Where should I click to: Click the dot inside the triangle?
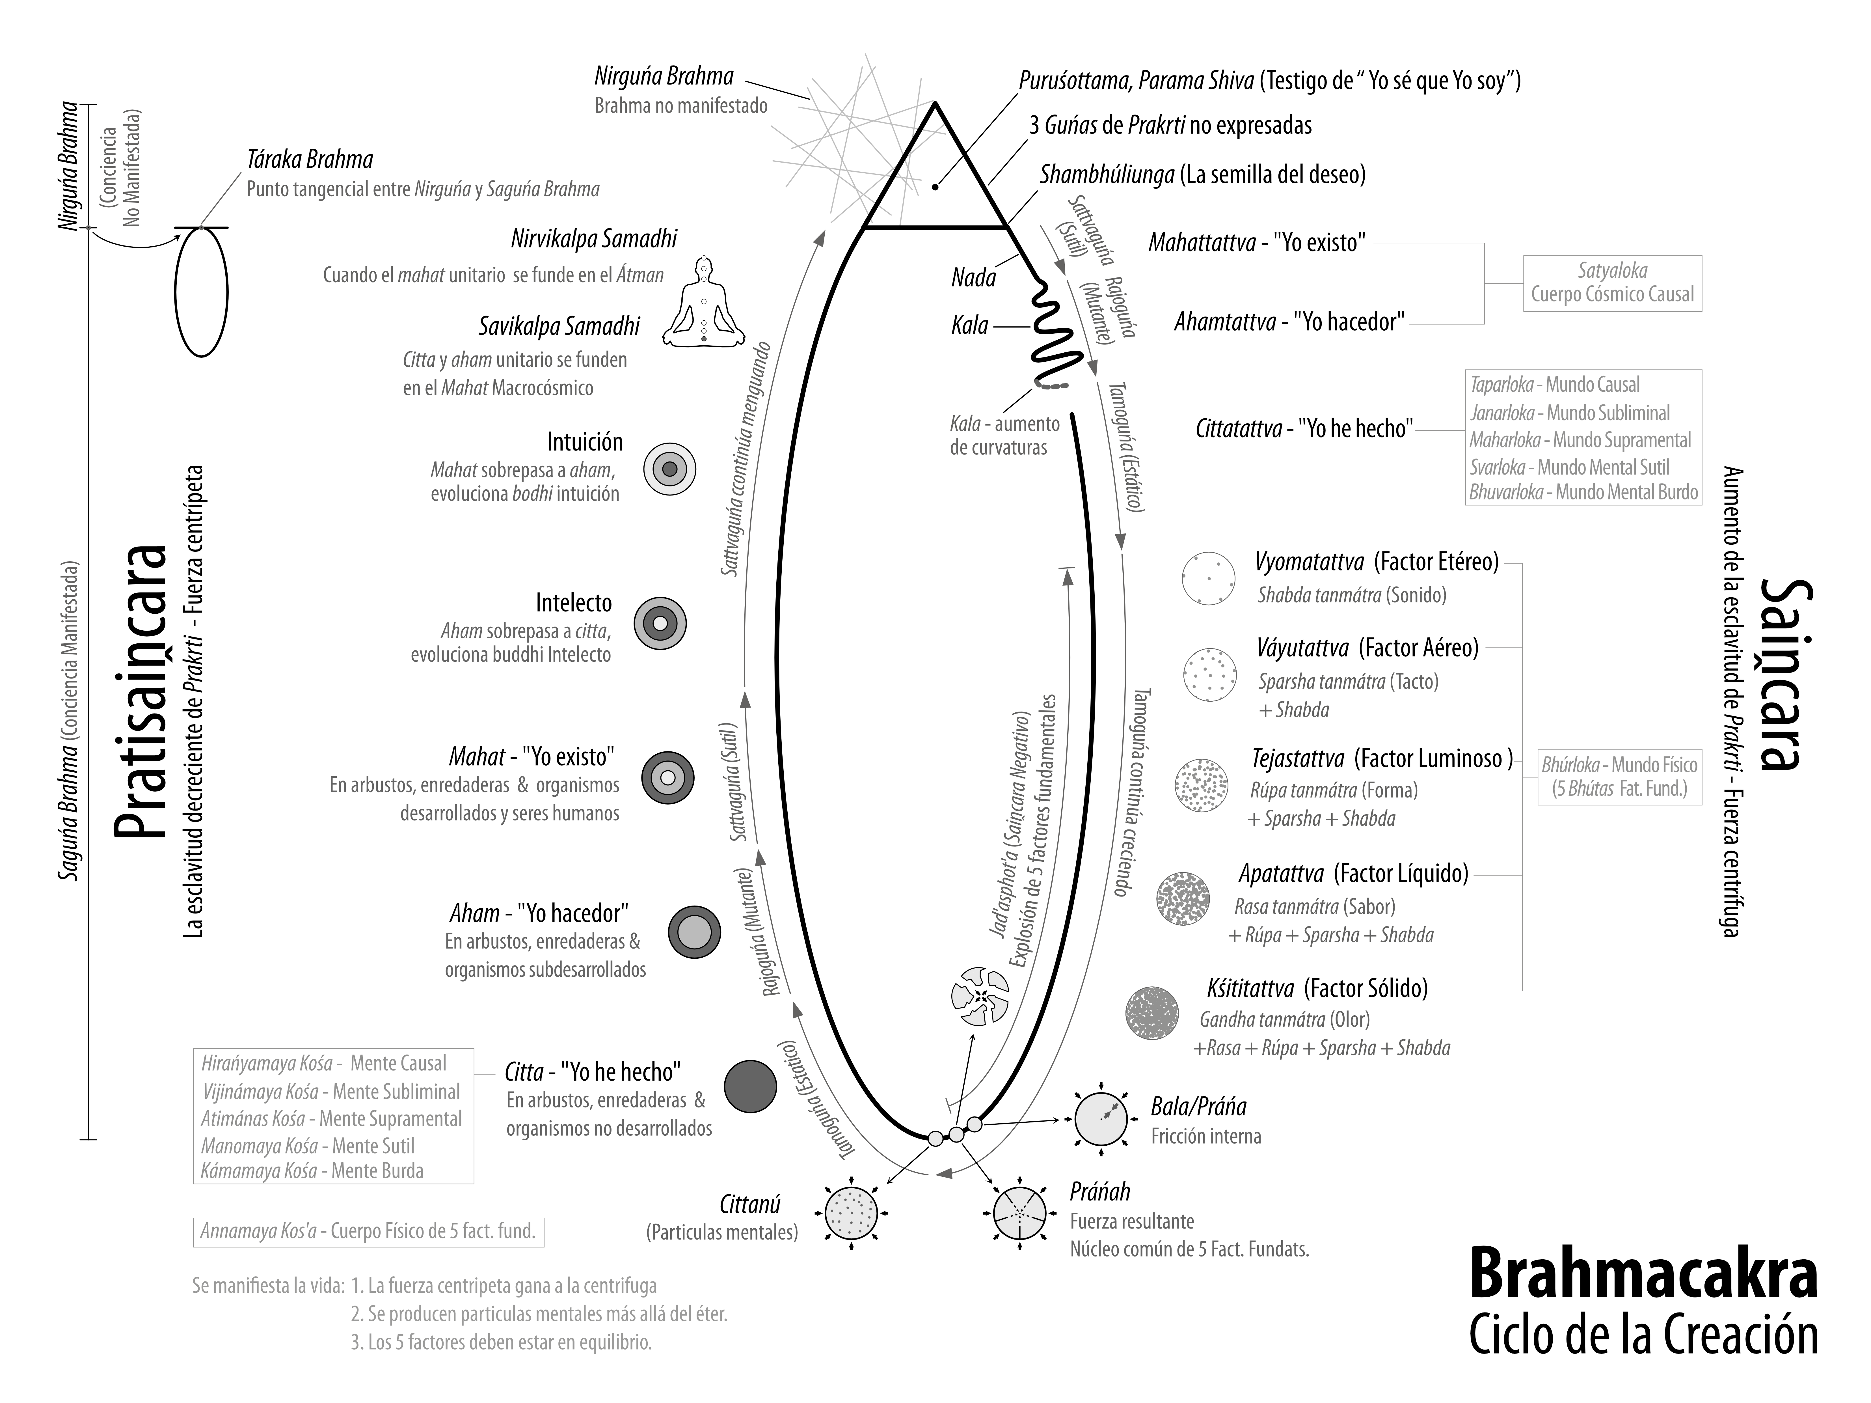(935, 186)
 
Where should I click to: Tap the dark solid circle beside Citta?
(750, 1087)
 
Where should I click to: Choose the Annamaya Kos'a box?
(368, 1231)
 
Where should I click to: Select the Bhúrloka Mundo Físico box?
(1619, 777)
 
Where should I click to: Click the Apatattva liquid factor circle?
(1183, 898)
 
